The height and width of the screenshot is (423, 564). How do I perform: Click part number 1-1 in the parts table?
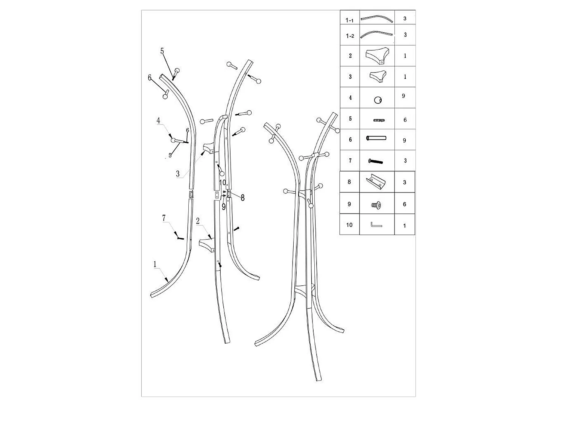coord(349,20)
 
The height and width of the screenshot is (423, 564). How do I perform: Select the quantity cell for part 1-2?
coord(405,35)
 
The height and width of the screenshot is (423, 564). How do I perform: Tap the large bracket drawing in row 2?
coord(377,56)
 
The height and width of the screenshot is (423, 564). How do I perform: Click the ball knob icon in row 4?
coord(378,100)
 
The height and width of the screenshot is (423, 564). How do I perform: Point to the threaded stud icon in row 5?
coord(379,120)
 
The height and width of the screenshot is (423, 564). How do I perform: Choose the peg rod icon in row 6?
coord(376,138)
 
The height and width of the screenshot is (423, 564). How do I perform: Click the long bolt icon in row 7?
coord(375,161)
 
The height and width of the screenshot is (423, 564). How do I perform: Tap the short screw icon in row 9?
coord(376,205)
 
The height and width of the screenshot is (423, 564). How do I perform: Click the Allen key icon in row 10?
coord(376,224)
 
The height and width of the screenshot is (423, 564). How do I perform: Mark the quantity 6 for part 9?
coord(405,204)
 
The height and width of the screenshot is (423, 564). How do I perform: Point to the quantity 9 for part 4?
coord(403,96)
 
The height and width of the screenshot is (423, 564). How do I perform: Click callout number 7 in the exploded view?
coord(164,218)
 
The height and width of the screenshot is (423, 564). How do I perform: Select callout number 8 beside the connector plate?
coord(242,197)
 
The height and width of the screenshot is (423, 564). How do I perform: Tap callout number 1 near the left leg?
coord(155,264)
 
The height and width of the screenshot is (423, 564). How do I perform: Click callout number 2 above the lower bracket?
coord(198,221)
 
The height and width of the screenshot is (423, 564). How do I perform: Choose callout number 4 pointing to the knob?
coord(158,120)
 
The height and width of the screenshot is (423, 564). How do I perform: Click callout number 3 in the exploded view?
coord(178,174)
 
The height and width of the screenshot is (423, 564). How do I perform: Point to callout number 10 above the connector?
coord(223,183)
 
